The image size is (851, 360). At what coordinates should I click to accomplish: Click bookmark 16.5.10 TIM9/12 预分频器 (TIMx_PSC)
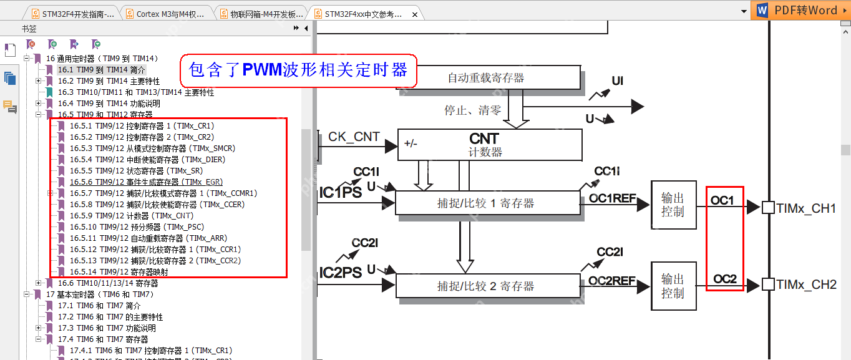pos(137,227)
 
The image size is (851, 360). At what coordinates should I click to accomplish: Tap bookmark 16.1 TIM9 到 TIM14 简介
pos(102,70)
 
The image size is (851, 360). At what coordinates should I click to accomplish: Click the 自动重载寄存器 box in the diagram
pos(486,78)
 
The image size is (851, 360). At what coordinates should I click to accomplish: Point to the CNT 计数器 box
pos(490,144)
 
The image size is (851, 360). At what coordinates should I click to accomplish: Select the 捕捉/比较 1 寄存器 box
pos(487,203)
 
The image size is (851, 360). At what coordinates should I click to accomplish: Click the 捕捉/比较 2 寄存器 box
pos(487,286)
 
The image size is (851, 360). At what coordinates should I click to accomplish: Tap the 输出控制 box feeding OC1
pos(673,205)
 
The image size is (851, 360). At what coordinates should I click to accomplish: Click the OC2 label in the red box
pos(725,279)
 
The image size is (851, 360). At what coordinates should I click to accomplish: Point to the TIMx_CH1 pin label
pos(806,208)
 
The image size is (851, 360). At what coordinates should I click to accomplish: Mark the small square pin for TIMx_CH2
pos(768,285)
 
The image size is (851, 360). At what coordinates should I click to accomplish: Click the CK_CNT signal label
pos(354,137)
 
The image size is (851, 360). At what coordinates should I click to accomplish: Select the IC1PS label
pos(341,193)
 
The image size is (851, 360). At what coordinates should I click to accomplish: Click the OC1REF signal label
pos(612,198)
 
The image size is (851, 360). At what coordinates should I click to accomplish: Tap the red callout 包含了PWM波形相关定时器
pos(298,70)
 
